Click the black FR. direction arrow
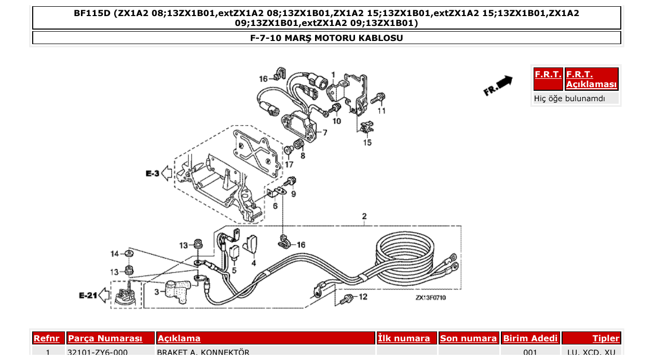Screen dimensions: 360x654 coord(503,82)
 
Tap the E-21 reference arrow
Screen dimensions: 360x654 coord(104,296)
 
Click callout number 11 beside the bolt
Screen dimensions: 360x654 coord(382,110)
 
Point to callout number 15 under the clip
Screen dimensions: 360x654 coord(367,142)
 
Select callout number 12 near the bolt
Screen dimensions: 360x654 coord(363,297)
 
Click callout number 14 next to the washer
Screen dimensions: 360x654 coord(115,254)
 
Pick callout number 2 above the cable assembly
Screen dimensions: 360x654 coord(364,216)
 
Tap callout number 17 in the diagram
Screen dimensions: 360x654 coord(289,164)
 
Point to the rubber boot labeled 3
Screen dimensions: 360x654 coord(174,292)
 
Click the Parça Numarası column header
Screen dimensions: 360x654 coord(105,338)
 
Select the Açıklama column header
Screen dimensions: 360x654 coord(179,338)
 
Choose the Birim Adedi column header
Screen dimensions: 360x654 coord(530,338)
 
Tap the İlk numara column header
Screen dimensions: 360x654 coord(404,338)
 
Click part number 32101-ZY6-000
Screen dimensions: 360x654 coord(98,353)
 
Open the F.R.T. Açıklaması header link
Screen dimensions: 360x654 coord(591,79)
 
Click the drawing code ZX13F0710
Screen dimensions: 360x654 coord(430,298)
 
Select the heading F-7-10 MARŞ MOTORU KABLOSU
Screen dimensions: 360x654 coord(326,38)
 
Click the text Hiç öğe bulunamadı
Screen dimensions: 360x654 coord(569,98)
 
